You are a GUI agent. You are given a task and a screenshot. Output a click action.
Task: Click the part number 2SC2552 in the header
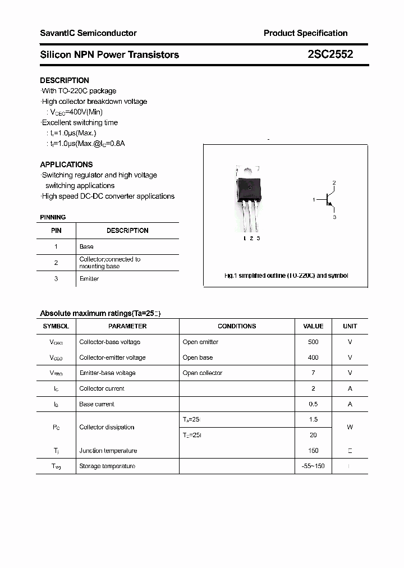click(x=330, y=54)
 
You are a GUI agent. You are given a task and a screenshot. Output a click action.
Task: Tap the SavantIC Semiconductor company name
click(x=88, y=33)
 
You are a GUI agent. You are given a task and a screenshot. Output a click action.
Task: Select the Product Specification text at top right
click(x=305, y=33)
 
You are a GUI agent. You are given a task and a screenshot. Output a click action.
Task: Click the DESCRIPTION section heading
click(x=65, y=80)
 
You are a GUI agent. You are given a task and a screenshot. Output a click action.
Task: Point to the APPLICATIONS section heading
click(x=66, y=164)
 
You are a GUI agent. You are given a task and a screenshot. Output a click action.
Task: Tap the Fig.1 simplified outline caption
click(x=286, y=276)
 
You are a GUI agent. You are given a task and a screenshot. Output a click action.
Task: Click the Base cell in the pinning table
click(x=86, y=246)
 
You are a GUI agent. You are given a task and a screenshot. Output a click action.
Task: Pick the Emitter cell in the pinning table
click(x=89, y=279)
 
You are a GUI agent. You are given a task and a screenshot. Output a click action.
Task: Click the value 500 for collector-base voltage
click(x=313, y=342)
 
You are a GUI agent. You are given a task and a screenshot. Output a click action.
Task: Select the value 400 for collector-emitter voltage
click(x=313, y=358)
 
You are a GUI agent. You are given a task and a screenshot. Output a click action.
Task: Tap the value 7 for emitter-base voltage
click(x=313, y=373)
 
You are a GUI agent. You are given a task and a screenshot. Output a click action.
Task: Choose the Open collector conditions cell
click(x=202, y=373)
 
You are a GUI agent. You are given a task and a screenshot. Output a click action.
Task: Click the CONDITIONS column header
click(x=237, y=326)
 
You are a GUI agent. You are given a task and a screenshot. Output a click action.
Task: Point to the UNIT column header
click(x=350, y=326)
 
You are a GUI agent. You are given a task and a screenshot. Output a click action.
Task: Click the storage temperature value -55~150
click(x=313, y=466)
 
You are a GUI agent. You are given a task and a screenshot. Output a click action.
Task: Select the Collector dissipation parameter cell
click(x=107, y=427)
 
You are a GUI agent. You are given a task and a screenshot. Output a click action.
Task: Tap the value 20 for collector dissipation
click(x=313, y=435)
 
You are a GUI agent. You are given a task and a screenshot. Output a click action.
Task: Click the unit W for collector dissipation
click(x=350, y=427)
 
